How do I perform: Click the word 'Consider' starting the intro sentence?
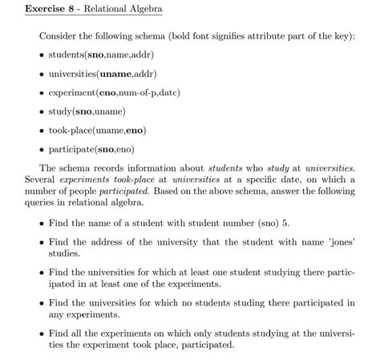coord(57,35)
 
